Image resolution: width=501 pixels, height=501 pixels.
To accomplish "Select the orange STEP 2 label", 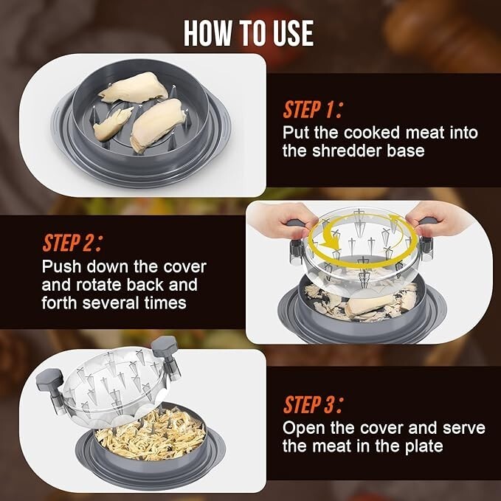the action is [x=72, y=243].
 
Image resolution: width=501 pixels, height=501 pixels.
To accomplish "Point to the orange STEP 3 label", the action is [x=313, y=404].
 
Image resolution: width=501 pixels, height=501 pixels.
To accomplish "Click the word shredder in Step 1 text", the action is [x=347, y=151].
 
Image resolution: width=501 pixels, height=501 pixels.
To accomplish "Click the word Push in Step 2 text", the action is [x=61, y=266].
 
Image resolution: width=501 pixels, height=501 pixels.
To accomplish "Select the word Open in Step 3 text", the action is [x=303, y=428].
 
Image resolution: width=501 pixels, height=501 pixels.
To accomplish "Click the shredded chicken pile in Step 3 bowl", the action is [x=151, y=434].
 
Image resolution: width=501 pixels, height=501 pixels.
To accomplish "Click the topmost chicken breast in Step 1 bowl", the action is [x=134, y=87].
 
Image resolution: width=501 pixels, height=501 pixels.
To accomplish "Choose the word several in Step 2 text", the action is [x=111, y=303].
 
